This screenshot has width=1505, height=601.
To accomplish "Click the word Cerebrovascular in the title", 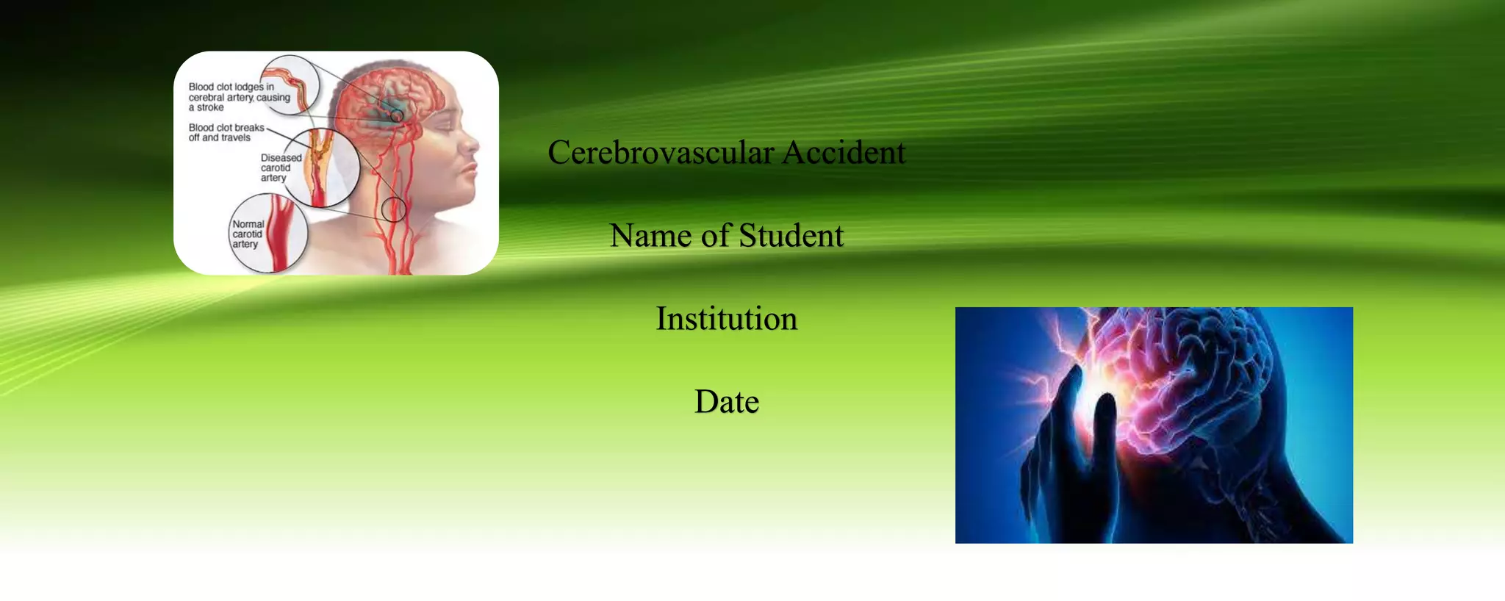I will pyautogui.click(x=661, y=153).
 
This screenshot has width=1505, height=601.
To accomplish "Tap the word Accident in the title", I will pyautogui.click(x=844, y=153).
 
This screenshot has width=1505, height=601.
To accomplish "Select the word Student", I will pyautogui.click(x=791, y=236).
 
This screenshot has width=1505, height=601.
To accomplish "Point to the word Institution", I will pyautogui.click(x=726, y=319).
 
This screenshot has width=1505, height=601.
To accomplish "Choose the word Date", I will pyautogui.click(x=726, y=402).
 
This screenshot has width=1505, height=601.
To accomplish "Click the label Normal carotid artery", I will pyautogui.click(x=248, y=234).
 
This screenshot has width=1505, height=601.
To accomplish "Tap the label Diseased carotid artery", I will pyautogui.click(x=281, y=168).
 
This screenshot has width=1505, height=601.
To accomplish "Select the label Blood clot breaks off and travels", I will pyautogui.click(x=226, y=132).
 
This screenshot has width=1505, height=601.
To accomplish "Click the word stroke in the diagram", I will pyautogui.click(x=210, y=107).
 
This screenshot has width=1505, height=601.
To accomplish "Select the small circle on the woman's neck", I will pyautogui.click(x=394, y=209).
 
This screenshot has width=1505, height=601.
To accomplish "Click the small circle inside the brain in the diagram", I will pyautogui.click(x=397, y=115).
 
